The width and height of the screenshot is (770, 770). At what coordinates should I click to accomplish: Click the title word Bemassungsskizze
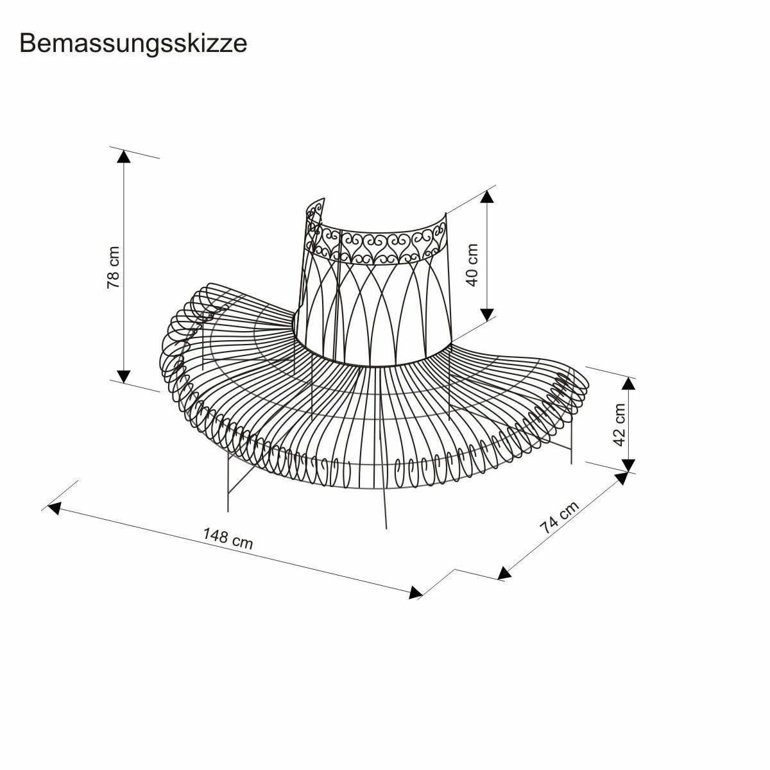(x=133, y=44)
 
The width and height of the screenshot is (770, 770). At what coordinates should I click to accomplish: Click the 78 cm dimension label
(x=114, y=267)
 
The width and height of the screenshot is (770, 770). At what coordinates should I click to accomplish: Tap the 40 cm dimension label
(x=473, y=264)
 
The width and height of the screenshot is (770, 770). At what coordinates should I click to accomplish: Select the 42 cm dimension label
(x=619, y=425)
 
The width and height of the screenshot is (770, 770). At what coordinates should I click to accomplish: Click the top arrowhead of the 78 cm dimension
(x=124, y=157)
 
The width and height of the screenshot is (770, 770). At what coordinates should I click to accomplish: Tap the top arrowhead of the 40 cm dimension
(x=488, y=196)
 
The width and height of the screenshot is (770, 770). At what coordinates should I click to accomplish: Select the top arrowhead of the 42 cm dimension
(x=629, y=383)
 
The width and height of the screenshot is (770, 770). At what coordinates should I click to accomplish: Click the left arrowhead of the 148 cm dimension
(x=54, y=508)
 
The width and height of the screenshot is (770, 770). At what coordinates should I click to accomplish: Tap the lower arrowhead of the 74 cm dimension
(x=504, y=574)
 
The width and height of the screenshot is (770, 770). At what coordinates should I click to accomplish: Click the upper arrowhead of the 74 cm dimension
(x=621, y=478)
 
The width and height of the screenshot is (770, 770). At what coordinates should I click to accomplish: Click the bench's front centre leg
(x=385, y=507)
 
